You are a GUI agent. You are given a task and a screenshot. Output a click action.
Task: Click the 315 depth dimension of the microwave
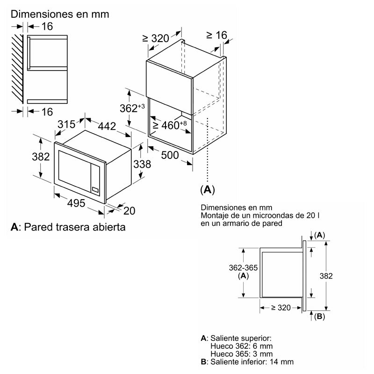[66, 124]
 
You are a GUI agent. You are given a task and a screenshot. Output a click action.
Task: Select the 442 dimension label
[107, 126]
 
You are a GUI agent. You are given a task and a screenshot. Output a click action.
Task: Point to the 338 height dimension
[142, 165]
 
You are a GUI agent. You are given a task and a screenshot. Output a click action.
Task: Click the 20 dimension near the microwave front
[129, 211]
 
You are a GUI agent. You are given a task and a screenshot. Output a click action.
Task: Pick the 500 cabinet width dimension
[170, 155]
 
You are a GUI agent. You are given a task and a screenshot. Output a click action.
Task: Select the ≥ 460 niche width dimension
[170, 125]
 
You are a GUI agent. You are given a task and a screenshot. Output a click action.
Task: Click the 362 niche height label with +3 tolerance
[132, 108]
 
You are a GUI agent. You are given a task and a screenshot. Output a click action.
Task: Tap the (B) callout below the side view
[319, 316]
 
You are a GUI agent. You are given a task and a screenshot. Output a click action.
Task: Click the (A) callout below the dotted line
[207, 189]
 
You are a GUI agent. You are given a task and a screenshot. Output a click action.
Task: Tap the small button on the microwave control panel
[95, 190]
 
